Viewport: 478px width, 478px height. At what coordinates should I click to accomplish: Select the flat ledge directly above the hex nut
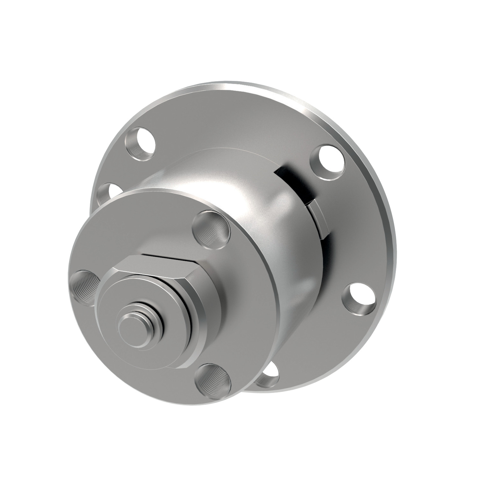169,255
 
